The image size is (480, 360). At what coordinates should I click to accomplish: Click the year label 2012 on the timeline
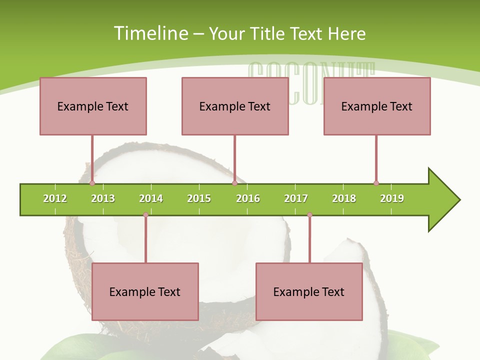(55, 198)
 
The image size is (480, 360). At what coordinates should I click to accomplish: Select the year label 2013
(103, 198)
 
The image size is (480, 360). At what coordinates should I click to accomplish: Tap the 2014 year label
(151, 198)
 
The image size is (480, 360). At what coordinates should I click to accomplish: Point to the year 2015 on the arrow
(199, 198)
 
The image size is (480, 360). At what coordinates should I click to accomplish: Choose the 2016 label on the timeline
(248, 198)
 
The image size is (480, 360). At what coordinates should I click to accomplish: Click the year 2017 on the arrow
(296, 198)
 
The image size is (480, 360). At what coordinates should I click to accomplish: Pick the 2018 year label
(344, 198)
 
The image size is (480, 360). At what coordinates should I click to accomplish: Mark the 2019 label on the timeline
(392, 198)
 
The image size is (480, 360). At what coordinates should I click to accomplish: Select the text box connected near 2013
(93, 106)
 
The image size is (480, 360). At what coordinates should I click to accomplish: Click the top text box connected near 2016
(235, 106)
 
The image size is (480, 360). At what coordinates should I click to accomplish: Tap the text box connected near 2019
(377, 106)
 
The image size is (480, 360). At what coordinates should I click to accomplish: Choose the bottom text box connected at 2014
(145, 291)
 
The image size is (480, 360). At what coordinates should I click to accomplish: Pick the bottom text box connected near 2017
(309, 291)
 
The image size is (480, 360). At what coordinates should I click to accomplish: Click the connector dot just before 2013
(92, 183)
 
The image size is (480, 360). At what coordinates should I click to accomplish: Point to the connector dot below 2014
(145, 215)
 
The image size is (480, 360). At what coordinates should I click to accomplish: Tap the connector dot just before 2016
(234, 183)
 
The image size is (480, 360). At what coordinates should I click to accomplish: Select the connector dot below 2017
(309, 215)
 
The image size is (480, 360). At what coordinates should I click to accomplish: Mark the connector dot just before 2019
(376, 183)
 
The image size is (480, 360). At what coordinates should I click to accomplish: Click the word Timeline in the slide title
(151, 33)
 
